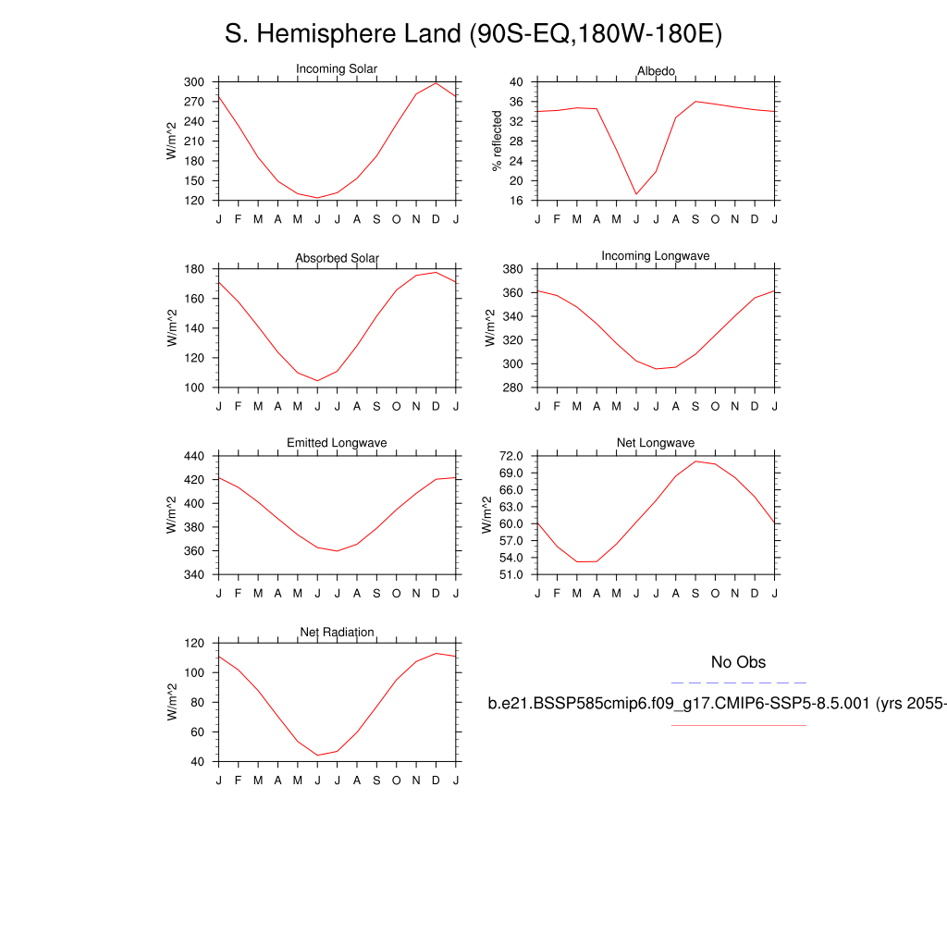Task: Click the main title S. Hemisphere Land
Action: (473, 34)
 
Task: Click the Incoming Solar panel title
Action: (337, 69)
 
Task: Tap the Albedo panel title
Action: (656, 71)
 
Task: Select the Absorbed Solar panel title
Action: (337, 258)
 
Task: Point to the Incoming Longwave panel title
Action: (656, 255)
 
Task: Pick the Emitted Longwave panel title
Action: (337, 443)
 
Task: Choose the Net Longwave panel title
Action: (656, 443)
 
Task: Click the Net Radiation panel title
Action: (337, 632)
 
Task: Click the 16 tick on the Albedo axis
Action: (517, 201)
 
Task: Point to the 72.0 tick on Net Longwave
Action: (511, 456)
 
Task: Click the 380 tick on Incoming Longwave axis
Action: (511, 269)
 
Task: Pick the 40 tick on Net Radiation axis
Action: (196, 761)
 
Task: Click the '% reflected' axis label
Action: (498, 141)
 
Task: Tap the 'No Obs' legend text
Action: (738, 662)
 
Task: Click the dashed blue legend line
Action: (738, 683)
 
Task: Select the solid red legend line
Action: (738, 725)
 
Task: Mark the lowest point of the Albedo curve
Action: (635, 194)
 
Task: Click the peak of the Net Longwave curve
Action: (695, 461)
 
